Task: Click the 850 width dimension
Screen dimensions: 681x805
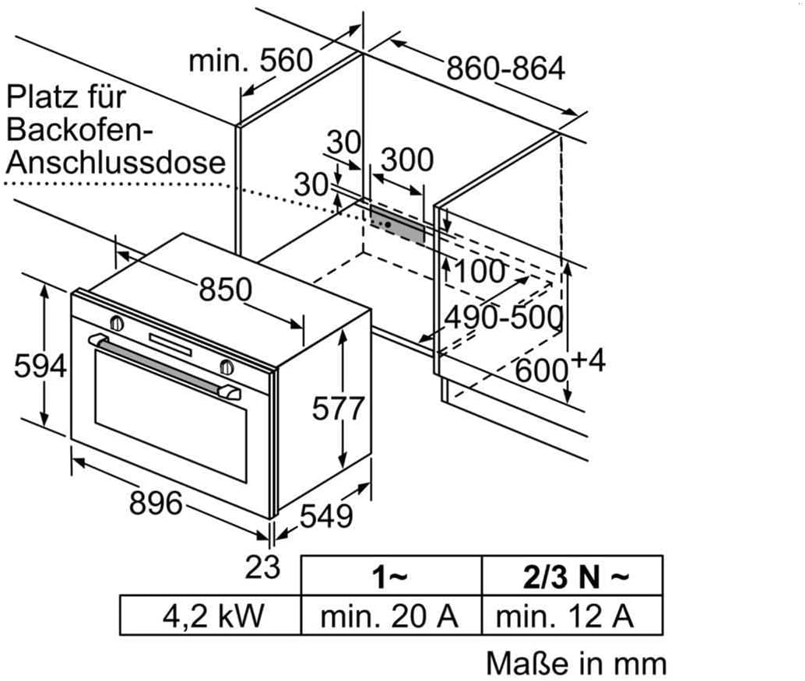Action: (225, 289)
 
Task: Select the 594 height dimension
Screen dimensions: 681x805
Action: (40, 365)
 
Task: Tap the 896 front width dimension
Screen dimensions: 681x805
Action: (156, 503)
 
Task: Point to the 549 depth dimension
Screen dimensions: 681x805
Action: (325, 515)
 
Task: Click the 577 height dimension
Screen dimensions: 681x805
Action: (338, 407)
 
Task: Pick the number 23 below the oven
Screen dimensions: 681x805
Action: (262, 567)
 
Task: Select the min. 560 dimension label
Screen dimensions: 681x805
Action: (251, 60)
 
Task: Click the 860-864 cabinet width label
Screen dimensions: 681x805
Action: (505, 68)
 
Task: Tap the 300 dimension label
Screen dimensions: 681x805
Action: (408, 160)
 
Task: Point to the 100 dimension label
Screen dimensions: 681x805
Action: (479, 272)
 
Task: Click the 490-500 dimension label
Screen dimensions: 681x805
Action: (503, 318)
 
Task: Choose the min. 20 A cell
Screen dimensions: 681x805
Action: (390, 616)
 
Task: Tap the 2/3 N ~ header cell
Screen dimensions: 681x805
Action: (572, 577)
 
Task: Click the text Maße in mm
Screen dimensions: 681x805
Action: (576, 663)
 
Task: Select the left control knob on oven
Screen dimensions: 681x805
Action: (117, 323)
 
